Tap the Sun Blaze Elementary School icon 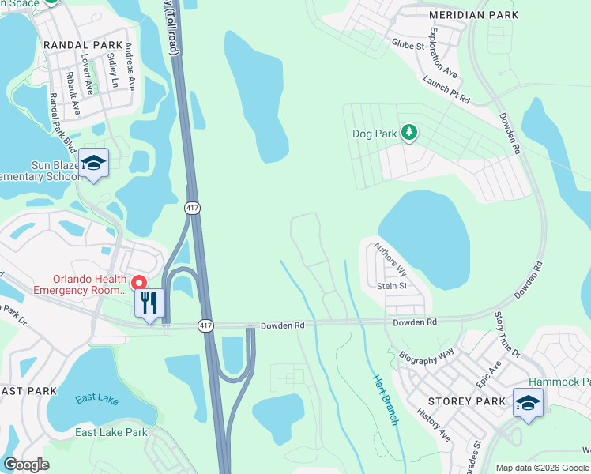click(x=93, y=164)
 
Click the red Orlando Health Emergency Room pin click(x=138, y=282)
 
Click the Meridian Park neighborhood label click(x=473, y=15)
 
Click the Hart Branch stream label click(x=385, y=399)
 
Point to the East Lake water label click(x=96, y=399)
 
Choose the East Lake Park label click(x=111, y=432)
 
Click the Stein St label click(x=392, y=286)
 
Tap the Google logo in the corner click(x=26, y=465)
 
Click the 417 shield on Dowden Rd click(x=205, y=325)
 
